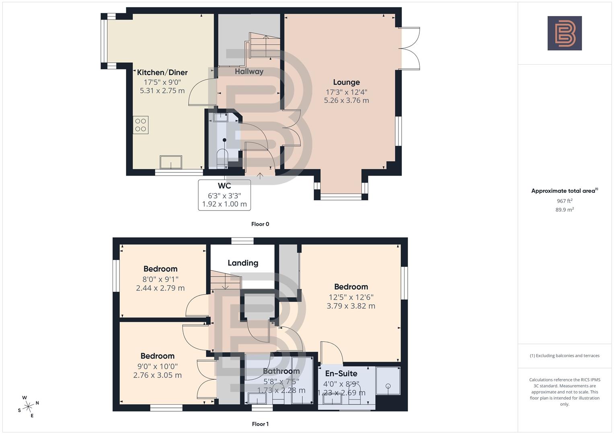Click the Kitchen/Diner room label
[162, 72]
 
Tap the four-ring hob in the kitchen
[141, 125]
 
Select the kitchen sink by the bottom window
[170, 162]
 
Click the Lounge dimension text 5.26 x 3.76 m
[346, 100]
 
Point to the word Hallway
[249, 72]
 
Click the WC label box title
[224, 186]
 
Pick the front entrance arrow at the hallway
[260, 175]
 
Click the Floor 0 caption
[260, 224]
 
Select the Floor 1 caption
[260, 424]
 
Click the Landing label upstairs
[243, 263]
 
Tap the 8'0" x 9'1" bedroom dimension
[160, 279]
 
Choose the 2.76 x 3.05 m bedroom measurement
[157, 375]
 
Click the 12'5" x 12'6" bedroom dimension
[351, 297]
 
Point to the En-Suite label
[341, 373]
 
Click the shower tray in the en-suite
[388, 381]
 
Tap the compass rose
[28, 407]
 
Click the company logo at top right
[565, 33]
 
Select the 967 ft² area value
[565, 201]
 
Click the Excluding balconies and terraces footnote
[565, 356]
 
